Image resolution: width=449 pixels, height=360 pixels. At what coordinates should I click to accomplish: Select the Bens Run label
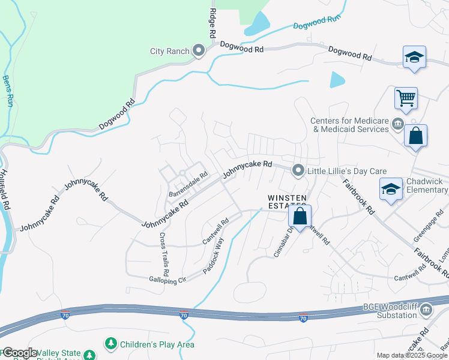[8, 91]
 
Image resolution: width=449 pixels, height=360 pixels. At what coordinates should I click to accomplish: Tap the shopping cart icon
[406, 97]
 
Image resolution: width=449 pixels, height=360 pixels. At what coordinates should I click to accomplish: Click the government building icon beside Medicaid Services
[397, 125]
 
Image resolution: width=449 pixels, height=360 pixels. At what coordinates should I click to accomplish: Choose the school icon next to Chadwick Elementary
[391, 189]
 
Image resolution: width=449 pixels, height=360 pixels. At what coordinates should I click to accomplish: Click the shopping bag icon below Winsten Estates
[300, 216]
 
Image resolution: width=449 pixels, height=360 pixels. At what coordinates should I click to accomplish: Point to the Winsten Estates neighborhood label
[287, 202]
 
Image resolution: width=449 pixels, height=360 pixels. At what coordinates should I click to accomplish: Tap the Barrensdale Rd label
[187, 185]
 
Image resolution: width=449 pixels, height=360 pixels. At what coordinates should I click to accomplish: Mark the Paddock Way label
[212, 256]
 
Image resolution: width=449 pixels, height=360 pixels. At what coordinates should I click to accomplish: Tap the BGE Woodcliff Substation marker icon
[426, 310]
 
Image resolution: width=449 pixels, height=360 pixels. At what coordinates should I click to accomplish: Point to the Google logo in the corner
[20, 353]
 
